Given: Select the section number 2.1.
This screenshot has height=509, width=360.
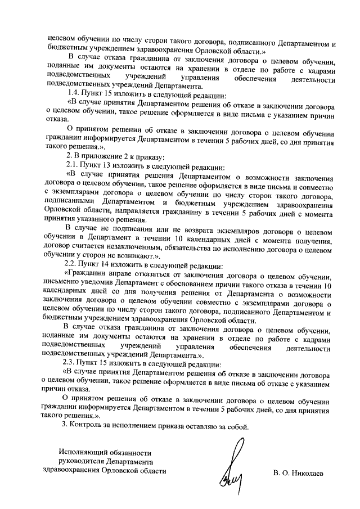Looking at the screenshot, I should coord(74,167).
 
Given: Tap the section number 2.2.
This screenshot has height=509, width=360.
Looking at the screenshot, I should coord(74,264).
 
